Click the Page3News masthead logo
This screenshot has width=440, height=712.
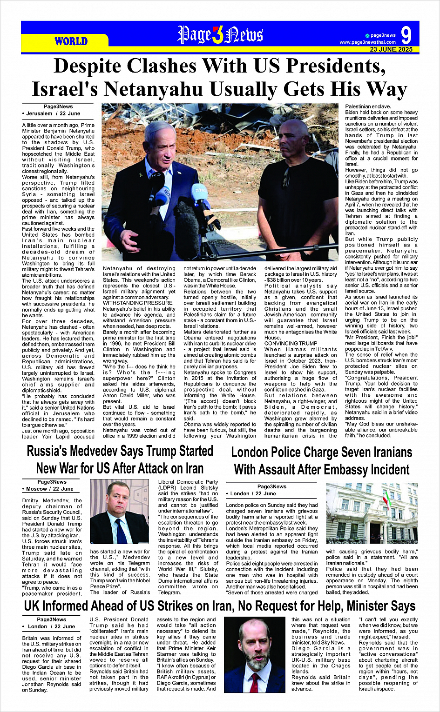[x=220, y=35]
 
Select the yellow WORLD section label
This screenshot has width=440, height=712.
[x=71, y=41]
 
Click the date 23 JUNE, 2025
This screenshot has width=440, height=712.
[x=391, y=49]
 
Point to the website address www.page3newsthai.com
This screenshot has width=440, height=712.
[x=368, y=42]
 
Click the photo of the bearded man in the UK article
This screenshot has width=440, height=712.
[x=255, y=655]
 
